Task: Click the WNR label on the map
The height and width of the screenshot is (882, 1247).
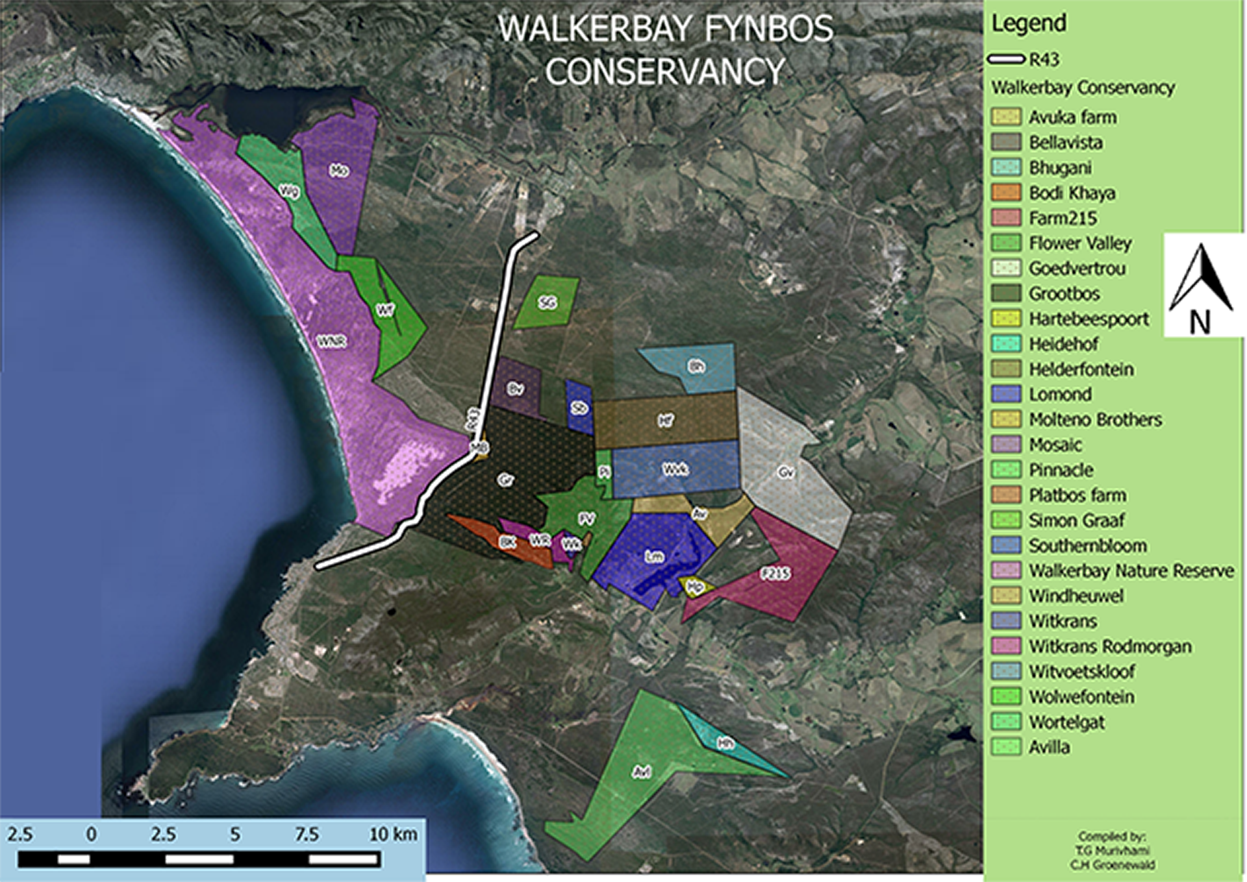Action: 331,341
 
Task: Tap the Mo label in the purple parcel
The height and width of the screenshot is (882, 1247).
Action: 339,171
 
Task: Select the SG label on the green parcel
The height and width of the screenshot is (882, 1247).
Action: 548,302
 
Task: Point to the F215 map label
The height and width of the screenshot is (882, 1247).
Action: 775,573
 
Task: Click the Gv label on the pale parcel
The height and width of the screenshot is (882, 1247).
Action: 786,472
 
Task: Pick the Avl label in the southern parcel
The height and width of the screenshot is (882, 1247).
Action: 642,772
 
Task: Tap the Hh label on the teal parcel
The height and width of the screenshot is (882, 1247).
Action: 725,744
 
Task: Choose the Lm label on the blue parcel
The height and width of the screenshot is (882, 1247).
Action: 654,556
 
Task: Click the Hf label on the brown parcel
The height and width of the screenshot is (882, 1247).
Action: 665,421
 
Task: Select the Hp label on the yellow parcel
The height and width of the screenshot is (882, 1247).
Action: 695,587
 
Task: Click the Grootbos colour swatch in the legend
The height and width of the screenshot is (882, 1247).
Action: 1005,293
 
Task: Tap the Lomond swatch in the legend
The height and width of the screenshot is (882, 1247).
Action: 1005,394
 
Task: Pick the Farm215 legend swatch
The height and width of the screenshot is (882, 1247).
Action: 1005,218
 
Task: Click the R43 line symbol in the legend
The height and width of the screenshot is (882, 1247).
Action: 1006,60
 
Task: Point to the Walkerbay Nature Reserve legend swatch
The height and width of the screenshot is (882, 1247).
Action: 1005,570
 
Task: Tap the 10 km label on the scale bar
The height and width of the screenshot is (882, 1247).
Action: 393,834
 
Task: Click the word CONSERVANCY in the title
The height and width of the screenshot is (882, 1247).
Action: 665,71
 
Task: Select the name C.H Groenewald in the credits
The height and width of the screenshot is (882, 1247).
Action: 1113,864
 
